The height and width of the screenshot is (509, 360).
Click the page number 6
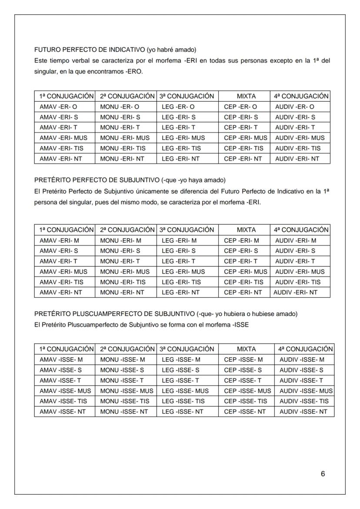[x=323, y=474]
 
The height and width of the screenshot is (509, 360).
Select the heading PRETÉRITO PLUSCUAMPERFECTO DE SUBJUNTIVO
[x=114, y=314]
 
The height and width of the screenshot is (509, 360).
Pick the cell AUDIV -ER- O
[x=295, y=107]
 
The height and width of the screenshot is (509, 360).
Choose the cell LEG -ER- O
[x=178, y=107]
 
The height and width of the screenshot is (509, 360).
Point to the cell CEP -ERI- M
[x=241, y=240]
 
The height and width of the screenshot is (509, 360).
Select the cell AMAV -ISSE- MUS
[x=65, y=391]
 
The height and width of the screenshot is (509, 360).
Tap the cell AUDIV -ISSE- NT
[x=303, y=412]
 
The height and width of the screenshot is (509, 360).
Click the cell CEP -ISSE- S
[x=243, y=370]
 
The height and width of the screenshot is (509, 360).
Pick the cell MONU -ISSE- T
[x=122, y=380]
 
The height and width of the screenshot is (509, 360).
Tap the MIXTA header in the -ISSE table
[x=247, y=349]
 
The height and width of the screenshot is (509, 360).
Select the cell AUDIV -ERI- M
[x=296, y=240]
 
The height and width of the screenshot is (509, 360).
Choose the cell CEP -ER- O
[x=240, y=107]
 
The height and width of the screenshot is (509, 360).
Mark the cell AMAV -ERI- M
[x=60, y=240]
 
